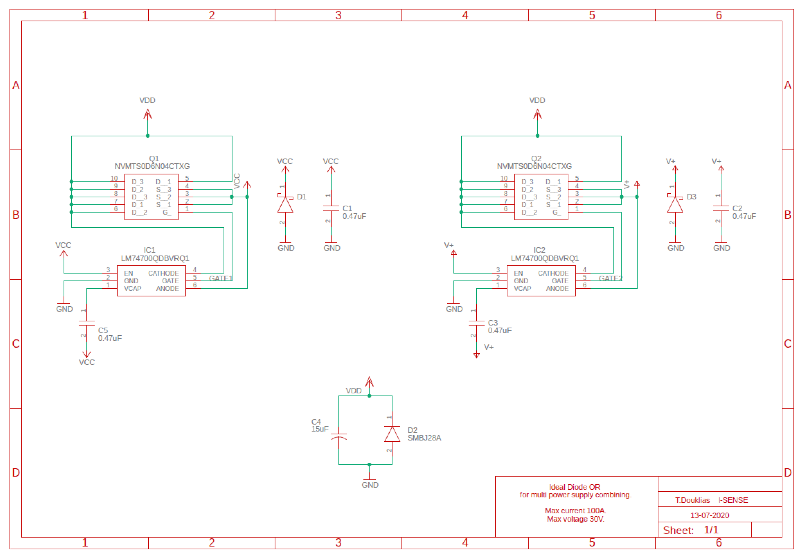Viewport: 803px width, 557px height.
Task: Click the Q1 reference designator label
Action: point(154,158)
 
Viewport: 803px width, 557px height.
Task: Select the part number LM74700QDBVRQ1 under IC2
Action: point(544,258)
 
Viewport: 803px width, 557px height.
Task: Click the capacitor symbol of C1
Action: point(331,208)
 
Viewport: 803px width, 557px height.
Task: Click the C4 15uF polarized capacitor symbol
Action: point(339,436)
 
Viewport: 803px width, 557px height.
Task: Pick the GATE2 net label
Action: point(610,278)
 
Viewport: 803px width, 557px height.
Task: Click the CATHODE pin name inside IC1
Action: point(163,273)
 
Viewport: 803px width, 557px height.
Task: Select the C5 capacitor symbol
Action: point(87,323)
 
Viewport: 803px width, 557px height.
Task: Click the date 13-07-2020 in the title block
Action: point(710,515)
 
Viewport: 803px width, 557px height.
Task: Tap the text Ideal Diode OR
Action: point(574,487)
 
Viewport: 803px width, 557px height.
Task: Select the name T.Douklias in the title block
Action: point(692,500)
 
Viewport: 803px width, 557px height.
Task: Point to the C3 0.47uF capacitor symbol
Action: point(476,323)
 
